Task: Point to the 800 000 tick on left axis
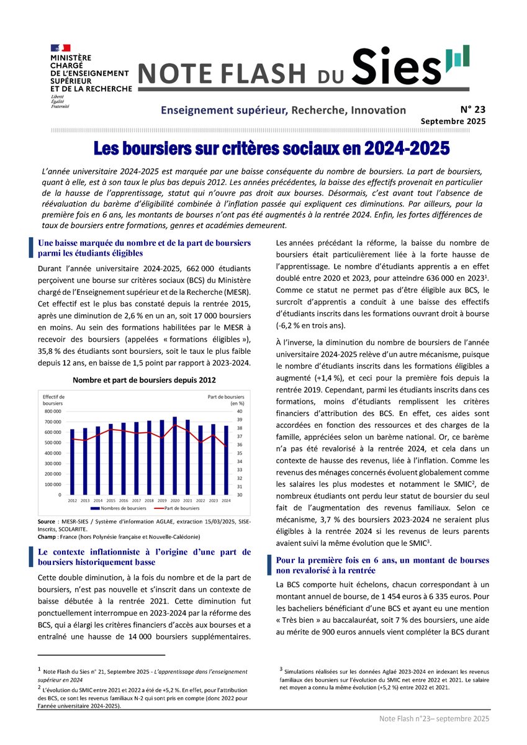click(x=52, y=411)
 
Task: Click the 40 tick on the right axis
click(x=240, y=411)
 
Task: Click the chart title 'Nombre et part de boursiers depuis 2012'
click(x=145, y=379)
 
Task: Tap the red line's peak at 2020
click(x=174, y=425)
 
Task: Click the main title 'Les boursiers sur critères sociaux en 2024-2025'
click(x=271, y=149)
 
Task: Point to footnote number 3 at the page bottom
click(x=281, y=669)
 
